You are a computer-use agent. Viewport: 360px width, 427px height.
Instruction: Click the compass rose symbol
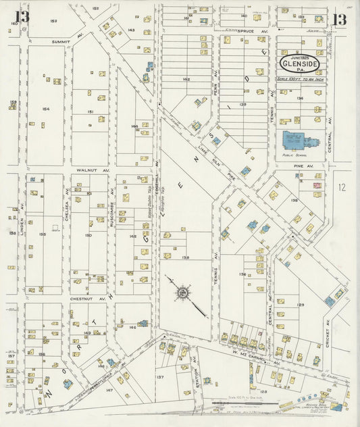tap(182, 293)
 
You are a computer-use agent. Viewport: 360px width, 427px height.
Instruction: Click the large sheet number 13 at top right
tap(340, 19)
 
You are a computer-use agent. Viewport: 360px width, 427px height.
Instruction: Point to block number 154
tap(45, 109)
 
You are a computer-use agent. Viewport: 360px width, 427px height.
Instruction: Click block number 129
tap(300, 286)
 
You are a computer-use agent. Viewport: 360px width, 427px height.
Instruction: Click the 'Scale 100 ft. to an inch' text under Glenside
tap(301, 79)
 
